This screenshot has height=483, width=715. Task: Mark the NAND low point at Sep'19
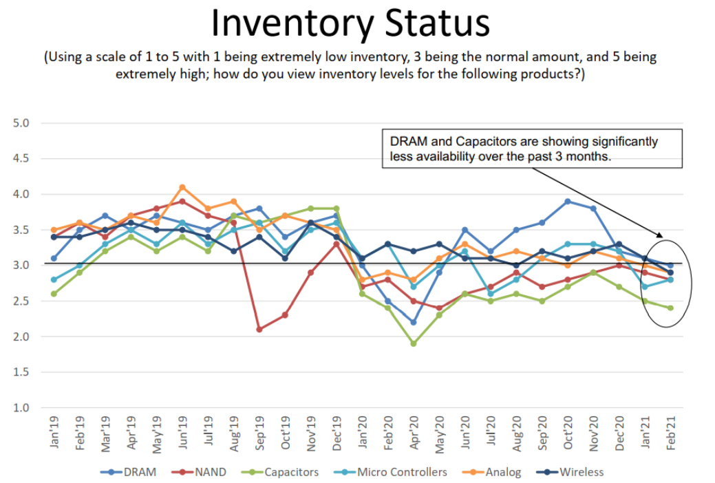(259, 330)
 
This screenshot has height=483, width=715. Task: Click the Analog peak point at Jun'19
(182, 187)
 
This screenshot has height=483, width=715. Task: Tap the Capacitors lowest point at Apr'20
(414, 343)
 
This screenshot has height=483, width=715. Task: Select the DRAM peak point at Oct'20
(568, 202)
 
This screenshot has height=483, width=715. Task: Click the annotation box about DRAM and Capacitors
(531, 148)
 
